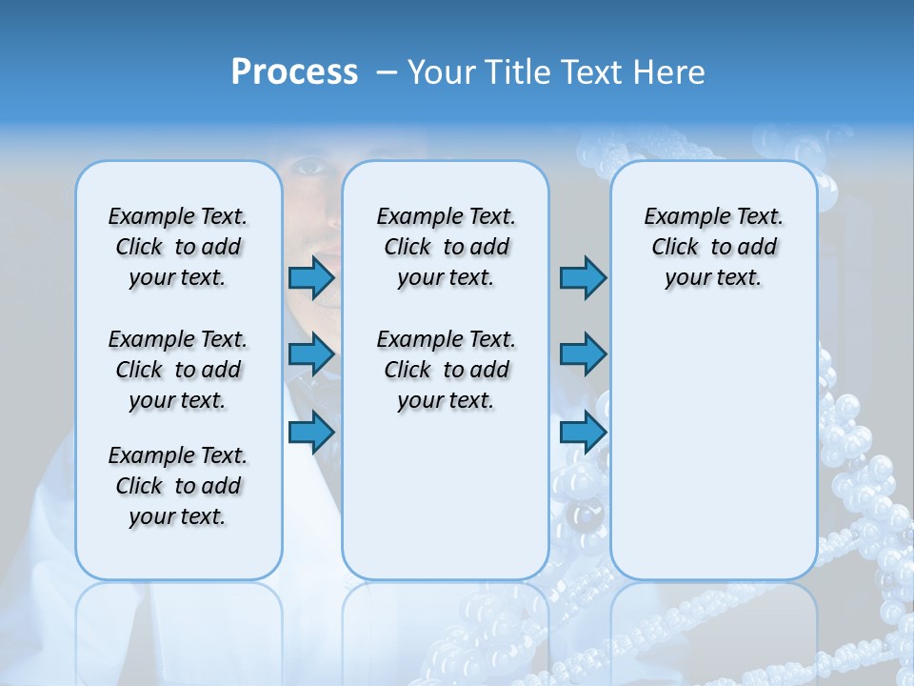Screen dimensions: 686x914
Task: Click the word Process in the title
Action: pyautogui.click(x=294, y=72)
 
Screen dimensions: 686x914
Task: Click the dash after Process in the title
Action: pyautogui.click(x=387, y=73)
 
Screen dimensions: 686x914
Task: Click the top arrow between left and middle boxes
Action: pyautogui.click(x=311, y=278)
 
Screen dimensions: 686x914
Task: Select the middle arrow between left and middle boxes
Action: pyautogui.click(x=311, y=354)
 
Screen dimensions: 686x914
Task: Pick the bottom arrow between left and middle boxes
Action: pyautogui.click(x=311, y=433)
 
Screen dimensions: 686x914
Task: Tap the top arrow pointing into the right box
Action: pyautogui.click(x=583, y=278)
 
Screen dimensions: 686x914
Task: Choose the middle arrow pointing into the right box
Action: pyautogui.click(x=583, y=354)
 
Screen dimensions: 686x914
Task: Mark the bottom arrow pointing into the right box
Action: pyautogui.click(x=583, y=433)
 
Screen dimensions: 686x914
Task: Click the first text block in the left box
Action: pyautogui.click(x=178, y=247)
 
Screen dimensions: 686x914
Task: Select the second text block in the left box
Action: pyautogui.click(x=178, y=370)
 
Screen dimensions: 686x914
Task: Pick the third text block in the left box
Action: pyautogui.click(x=178, y=486)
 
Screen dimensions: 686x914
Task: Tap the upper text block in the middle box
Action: pyautogui.click(x=447, y=247)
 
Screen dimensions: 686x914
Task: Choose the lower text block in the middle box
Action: pyautogui.click(x=447, y=370)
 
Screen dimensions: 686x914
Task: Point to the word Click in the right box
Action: pyautogui.click(x=675, y=247)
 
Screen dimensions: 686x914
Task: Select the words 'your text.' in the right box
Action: pyautogui.click(x=713, y=278)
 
